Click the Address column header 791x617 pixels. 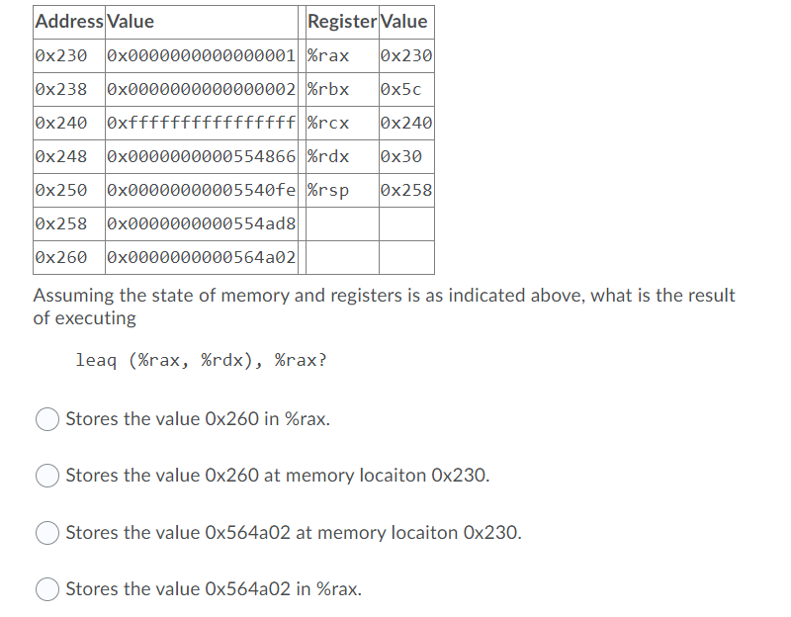click(x=68, y=21)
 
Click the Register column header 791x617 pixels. click(x=341, y=21)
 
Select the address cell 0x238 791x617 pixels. click(x=61, y=89)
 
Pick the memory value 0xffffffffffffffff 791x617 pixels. click(x=201, y=124)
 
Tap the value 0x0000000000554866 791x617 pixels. click(x=201, y=156)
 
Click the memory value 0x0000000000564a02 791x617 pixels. click(x=201, y=257)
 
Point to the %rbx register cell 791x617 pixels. click(x=328, y=89)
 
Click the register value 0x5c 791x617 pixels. click(x=400, y=89)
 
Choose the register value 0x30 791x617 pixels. click(x=400, y=156)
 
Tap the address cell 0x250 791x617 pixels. click(x=61, y=190)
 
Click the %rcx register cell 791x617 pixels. click(x=328, y=124)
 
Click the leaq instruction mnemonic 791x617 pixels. click(x=97, y=360)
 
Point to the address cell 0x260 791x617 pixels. click(x=61, y=257)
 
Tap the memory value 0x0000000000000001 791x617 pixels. click(x=201, y=55)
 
